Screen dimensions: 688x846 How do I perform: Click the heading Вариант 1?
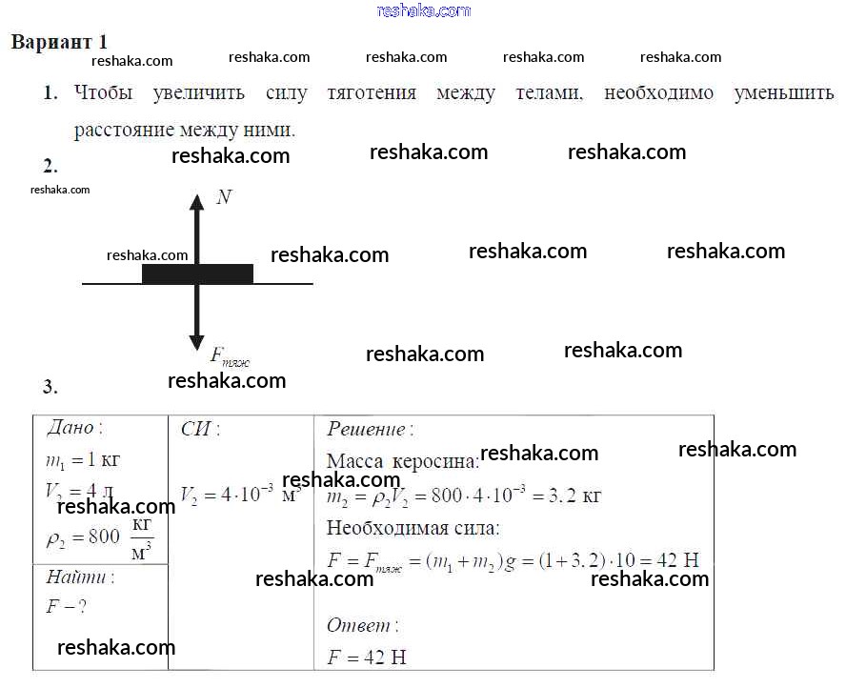(x=59, y=43)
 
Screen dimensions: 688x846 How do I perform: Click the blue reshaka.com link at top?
(x=424, y=10)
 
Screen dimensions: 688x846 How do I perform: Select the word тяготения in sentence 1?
(x=372, y=93)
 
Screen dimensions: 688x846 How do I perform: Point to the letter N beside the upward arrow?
(x=224, y=197)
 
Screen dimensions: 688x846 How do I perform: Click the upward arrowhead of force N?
(x=197, y=201)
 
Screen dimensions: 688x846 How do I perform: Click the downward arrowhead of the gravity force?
(x=197, y=341)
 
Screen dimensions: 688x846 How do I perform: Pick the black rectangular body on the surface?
(x=197, y=273)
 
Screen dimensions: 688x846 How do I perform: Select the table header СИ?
(x=200, y=429)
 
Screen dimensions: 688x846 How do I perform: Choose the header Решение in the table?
(x=370, y=430)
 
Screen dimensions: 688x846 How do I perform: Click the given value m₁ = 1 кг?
(x=84, y=460)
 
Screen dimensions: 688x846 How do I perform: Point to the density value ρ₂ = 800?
(x=84, y=536)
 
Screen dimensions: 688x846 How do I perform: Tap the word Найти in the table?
(x=80, y=577)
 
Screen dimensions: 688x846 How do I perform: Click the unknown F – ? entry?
(x=67, y=606)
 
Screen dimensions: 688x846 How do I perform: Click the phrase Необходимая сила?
(x=413, y=528)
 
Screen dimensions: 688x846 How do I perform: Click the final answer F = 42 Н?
(x=367, y=658)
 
